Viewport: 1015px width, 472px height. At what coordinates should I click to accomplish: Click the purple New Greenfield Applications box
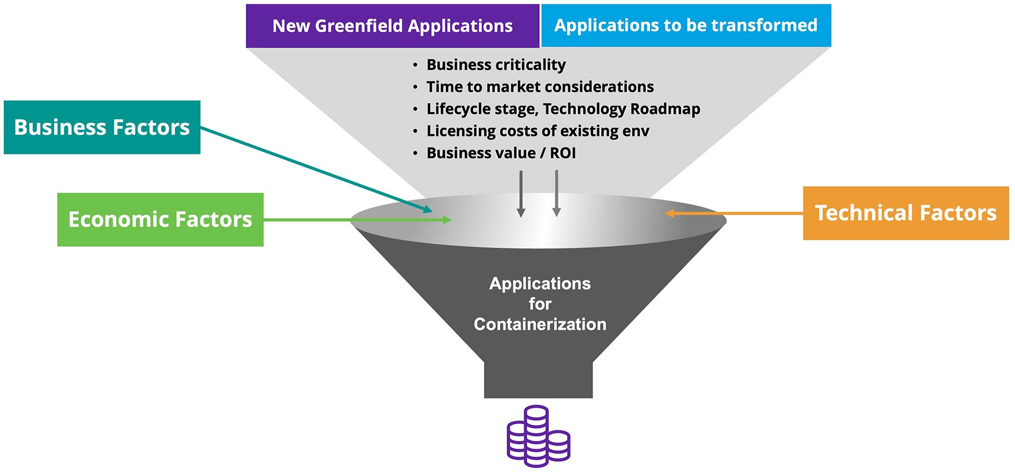pos(392,26)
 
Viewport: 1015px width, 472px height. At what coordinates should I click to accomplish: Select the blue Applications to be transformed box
pos(685,25)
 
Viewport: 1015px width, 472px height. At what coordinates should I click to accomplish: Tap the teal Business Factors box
pos(102,127)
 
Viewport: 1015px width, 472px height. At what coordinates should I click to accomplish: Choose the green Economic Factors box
pos(160,220)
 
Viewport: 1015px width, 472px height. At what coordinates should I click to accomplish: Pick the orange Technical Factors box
pos(905,213)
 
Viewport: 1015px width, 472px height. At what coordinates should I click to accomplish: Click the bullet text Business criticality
pos(496,65)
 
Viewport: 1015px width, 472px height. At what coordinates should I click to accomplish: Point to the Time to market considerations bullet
pos(540,86)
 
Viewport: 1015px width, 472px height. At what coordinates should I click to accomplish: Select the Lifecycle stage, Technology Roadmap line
pos(563,109)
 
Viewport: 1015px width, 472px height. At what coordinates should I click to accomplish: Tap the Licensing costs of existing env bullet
pos(537,131)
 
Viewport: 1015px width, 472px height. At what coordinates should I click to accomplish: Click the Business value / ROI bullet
pos(501,153)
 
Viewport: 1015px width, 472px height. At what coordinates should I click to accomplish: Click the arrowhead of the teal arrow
pos(428,209)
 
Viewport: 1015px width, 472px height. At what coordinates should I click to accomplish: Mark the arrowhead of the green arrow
pos(447,220)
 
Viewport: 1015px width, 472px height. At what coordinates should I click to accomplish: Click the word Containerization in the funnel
pos(540,324)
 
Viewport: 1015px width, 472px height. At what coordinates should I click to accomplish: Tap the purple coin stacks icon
pos(538,436)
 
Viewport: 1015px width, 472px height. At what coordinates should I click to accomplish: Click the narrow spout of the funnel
pos(538,379)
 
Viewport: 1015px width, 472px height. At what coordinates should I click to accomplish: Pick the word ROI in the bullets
pos(563,153)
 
